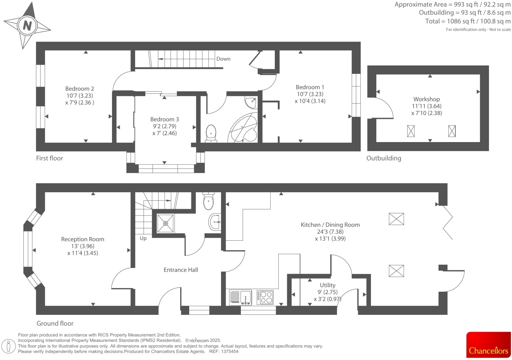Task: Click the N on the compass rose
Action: [27, 25]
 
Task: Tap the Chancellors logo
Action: [488, 345]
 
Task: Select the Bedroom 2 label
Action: [79, 89]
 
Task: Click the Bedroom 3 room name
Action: [164, 119]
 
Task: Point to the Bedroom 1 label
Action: [310, 87]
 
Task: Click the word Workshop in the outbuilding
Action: [426, 99]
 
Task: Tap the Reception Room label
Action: [82, 239]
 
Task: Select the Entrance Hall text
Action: [181, 270]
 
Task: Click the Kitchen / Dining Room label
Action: [330, 225]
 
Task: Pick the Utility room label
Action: [327, 285]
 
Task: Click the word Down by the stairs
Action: [223, 59]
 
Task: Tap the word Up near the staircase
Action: [143, 238]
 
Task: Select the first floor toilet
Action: [211, 134]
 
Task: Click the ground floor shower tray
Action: [165, 224]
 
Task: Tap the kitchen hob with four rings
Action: [265, 297]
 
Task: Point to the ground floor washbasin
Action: [214, 222]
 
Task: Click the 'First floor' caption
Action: [49, 158]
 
